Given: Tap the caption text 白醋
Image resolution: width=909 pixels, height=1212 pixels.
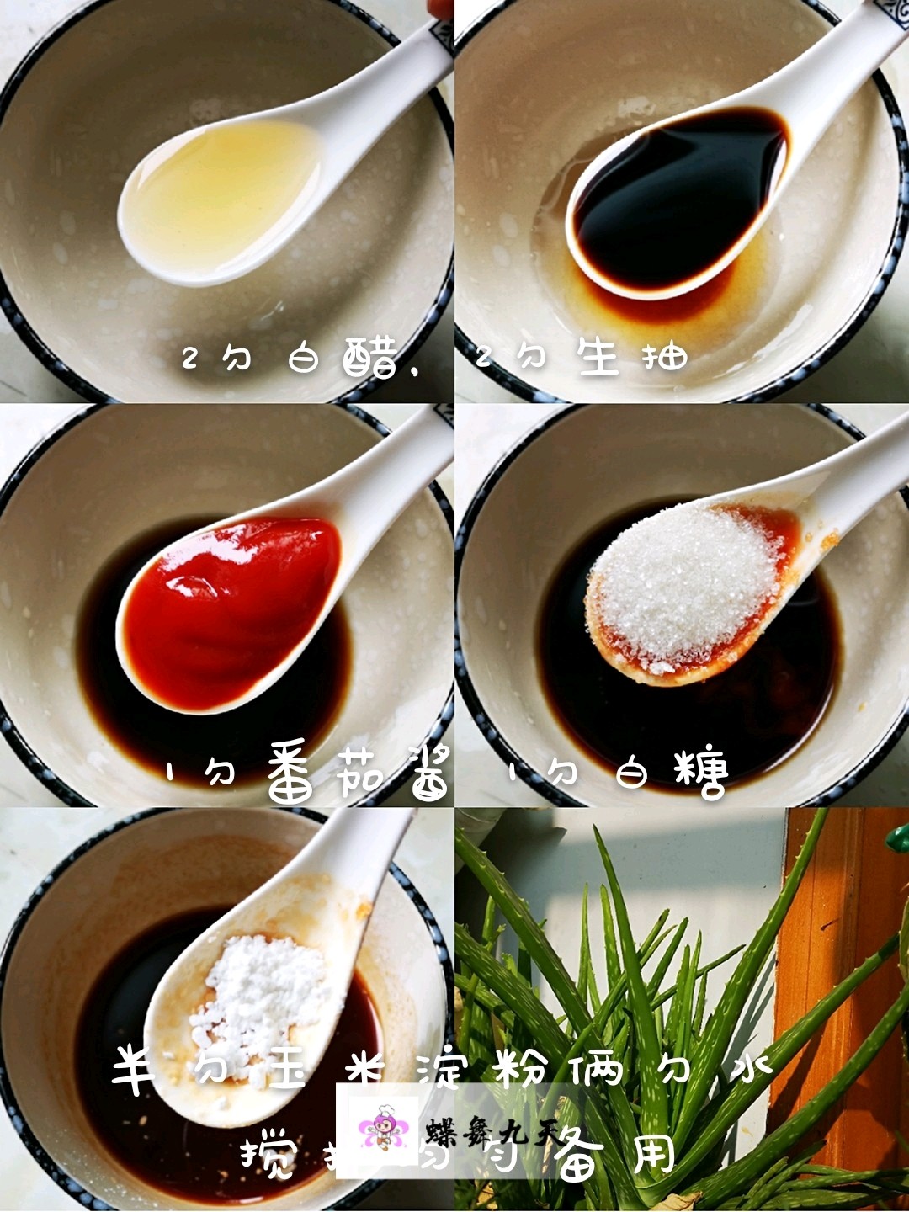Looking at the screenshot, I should tap(341, 359).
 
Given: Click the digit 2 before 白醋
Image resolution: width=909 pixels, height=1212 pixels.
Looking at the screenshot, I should tap(189, 359).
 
